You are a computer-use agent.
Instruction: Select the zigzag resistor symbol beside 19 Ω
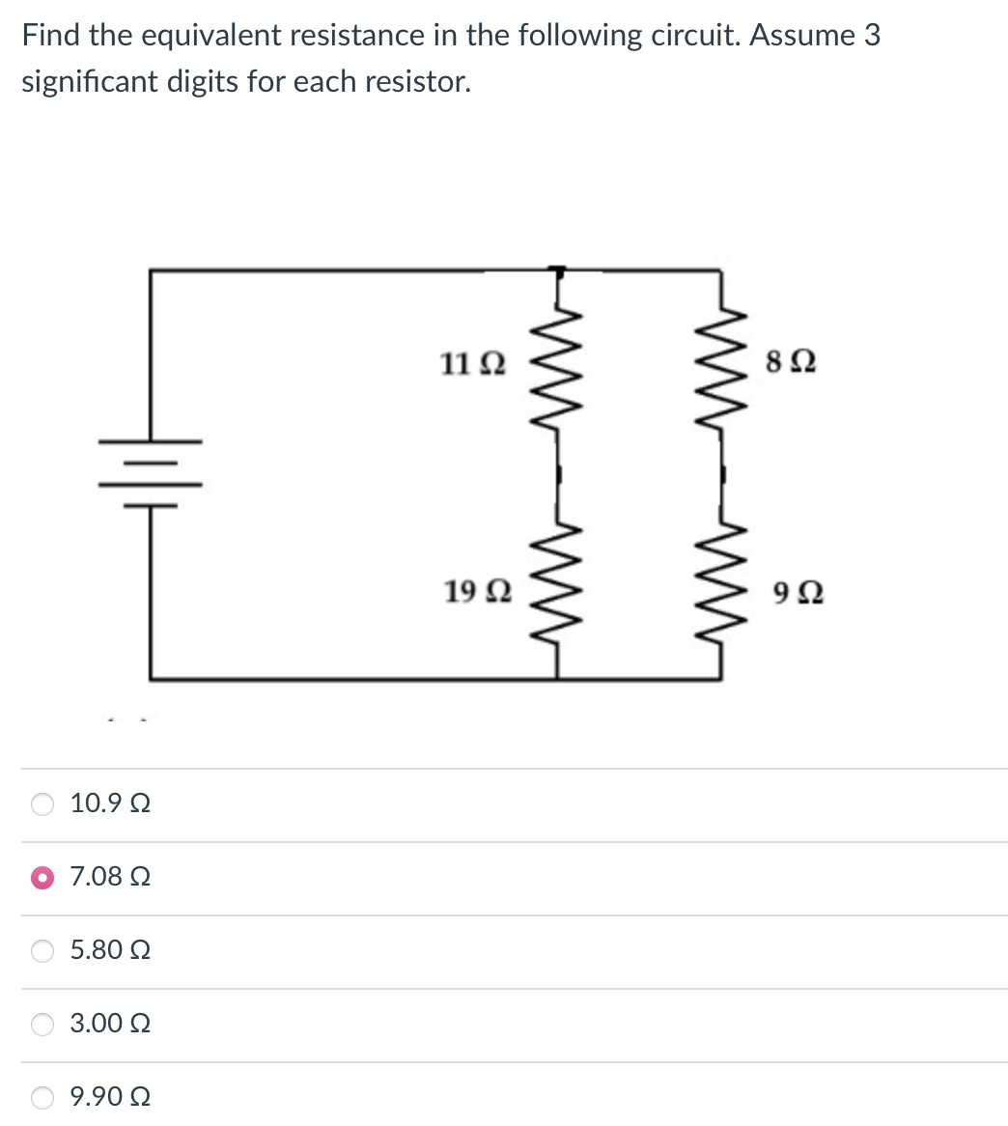click(556, 583)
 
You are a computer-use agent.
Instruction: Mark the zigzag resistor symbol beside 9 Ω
click(722, 583)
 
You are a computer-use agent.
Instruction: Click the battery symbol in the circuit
click(151, 473)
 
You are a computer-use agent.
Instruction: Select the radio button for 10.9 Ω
click(43, 804)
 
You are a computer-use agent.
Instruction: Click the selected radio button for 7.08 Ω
click(43, 878)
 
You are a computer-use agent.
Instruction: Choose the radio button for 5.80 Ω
click(43, 951)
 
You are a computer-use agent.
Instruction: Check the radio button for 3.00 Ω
click(43, 1024)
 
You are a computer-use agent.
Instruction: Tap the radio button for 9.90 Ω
click(43, 1097)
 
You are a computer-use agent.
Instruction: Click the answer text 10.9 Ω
click(110, 804)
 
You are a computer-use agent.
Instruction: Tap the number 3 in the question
click(872, 36)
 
